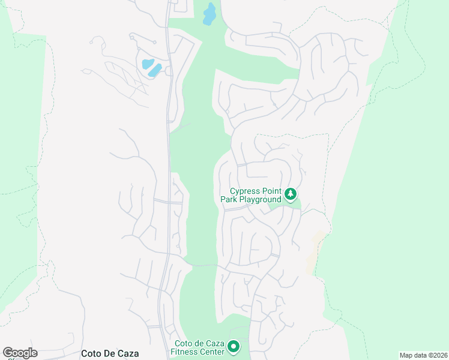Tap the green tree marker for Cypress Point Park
291,194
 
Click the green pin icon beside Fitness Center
233,347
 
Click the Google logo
20,353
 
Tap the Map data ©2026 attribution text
423,355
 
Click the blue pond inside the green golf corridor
209,14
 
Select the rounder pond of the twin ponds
147,64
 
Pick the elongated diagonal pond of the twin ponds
155,70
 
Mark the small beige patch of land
313,252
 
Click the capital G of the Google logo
8,353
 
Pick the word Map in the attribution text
406,355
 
